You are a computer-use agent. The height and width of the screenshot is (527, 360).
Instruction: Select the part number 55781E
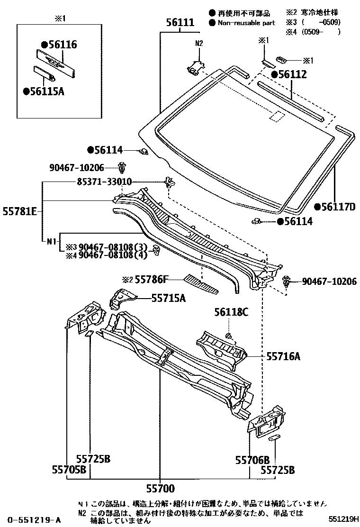pos(21,212)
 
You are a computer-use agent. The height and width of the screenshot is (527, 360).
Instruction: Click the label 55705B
pos(69,470)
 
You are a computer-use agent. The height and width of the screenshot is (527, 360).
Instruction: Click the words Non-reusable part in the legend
pos(246,22)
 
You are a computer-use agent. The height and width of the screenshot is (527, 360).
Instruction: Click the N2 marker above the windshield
pos(199,43)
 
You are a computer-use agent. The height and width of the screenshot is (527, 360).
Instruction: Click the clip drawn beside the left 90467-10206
pos(123,167)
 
